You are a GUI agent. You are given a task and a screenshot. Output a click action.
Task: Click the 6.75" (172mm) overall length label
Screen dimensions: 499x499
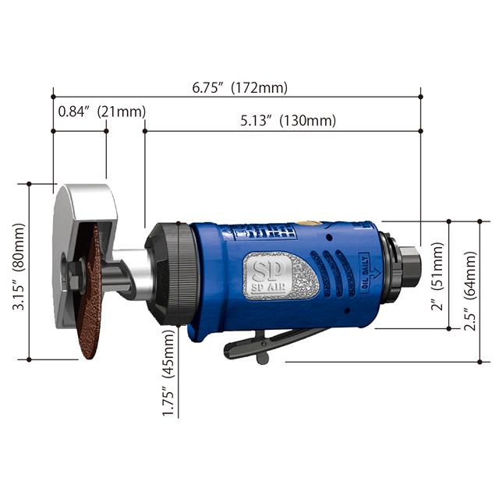(240, 87)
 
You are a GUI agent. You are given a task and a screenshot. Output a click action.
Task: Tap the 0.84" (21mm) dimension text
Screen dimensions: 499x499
(101, 111)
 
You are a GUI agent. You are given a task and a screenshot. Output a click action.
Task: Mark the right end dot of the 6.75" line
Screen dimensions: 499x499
(421, 97)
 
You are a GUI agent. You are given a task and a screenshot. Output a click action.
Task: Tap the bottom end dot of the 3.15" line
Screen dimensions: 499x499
(29, 359)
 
